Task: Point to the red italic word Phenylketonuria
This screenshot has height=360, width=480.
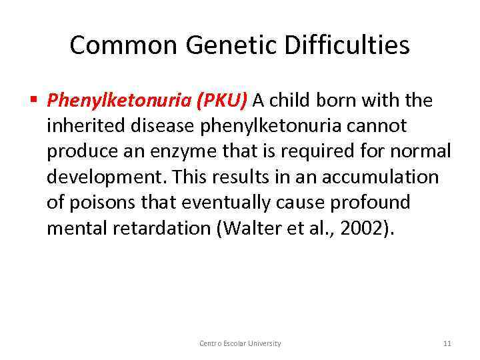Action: (119, 101)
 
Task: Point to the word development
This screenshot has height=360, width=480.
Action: (106, 177)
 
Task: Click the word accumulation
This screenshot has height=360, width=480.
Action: (381, 177)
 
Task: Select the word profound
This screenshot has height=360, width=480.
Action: (373, 202)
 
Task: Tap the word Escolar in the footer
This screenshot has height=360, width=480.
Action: (233, 343)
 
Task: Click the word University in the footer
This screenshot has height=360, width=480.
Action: (265, 343)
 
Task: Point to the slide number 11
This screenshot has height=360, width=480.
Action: (447, 343)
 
